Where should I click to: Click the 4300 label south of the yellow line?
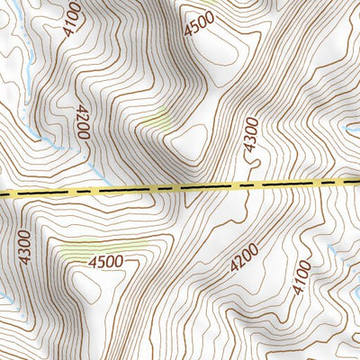(x=24, y=247)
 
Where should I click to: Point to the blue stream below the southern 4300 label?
(x=7, y=297)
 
